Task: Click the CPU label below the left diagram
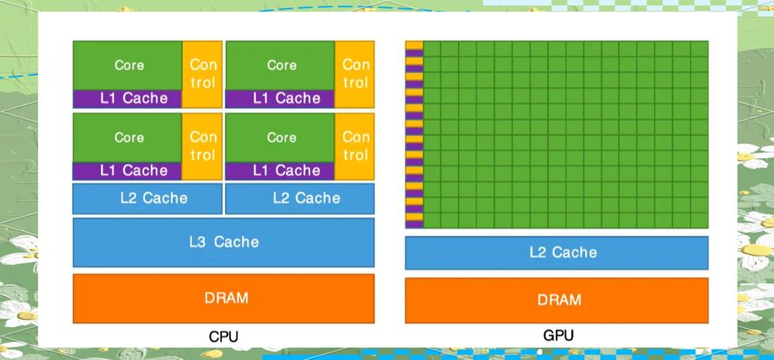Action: coord(224,337)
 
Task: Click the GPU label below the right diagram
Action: coord(557,336)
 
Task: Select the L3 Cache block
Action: coord(224,242)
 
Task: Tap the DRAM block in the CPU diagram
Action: coord(224,298)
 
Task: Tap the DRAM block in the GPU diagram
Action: coord(557,300)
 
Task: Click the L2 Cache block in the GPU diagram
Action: coord(557,253)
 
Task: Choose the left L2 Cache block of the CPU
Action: coord(148,198)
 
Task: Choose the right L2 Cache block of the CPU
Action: coord(300,198)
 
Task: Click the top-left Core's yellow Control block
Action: coord(202,74)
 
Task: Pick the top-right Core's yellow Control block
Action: coord(355,74)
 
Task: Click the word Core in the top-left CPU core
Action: coord(129,66)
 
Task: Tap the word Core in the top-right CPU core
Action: coord(281,66)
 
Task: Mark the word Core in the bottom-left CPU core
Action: coord(129,137)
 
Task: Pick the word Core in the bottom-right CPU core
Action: coord(281,137)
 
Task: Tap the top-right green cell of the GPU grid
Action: coord(699,49)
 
